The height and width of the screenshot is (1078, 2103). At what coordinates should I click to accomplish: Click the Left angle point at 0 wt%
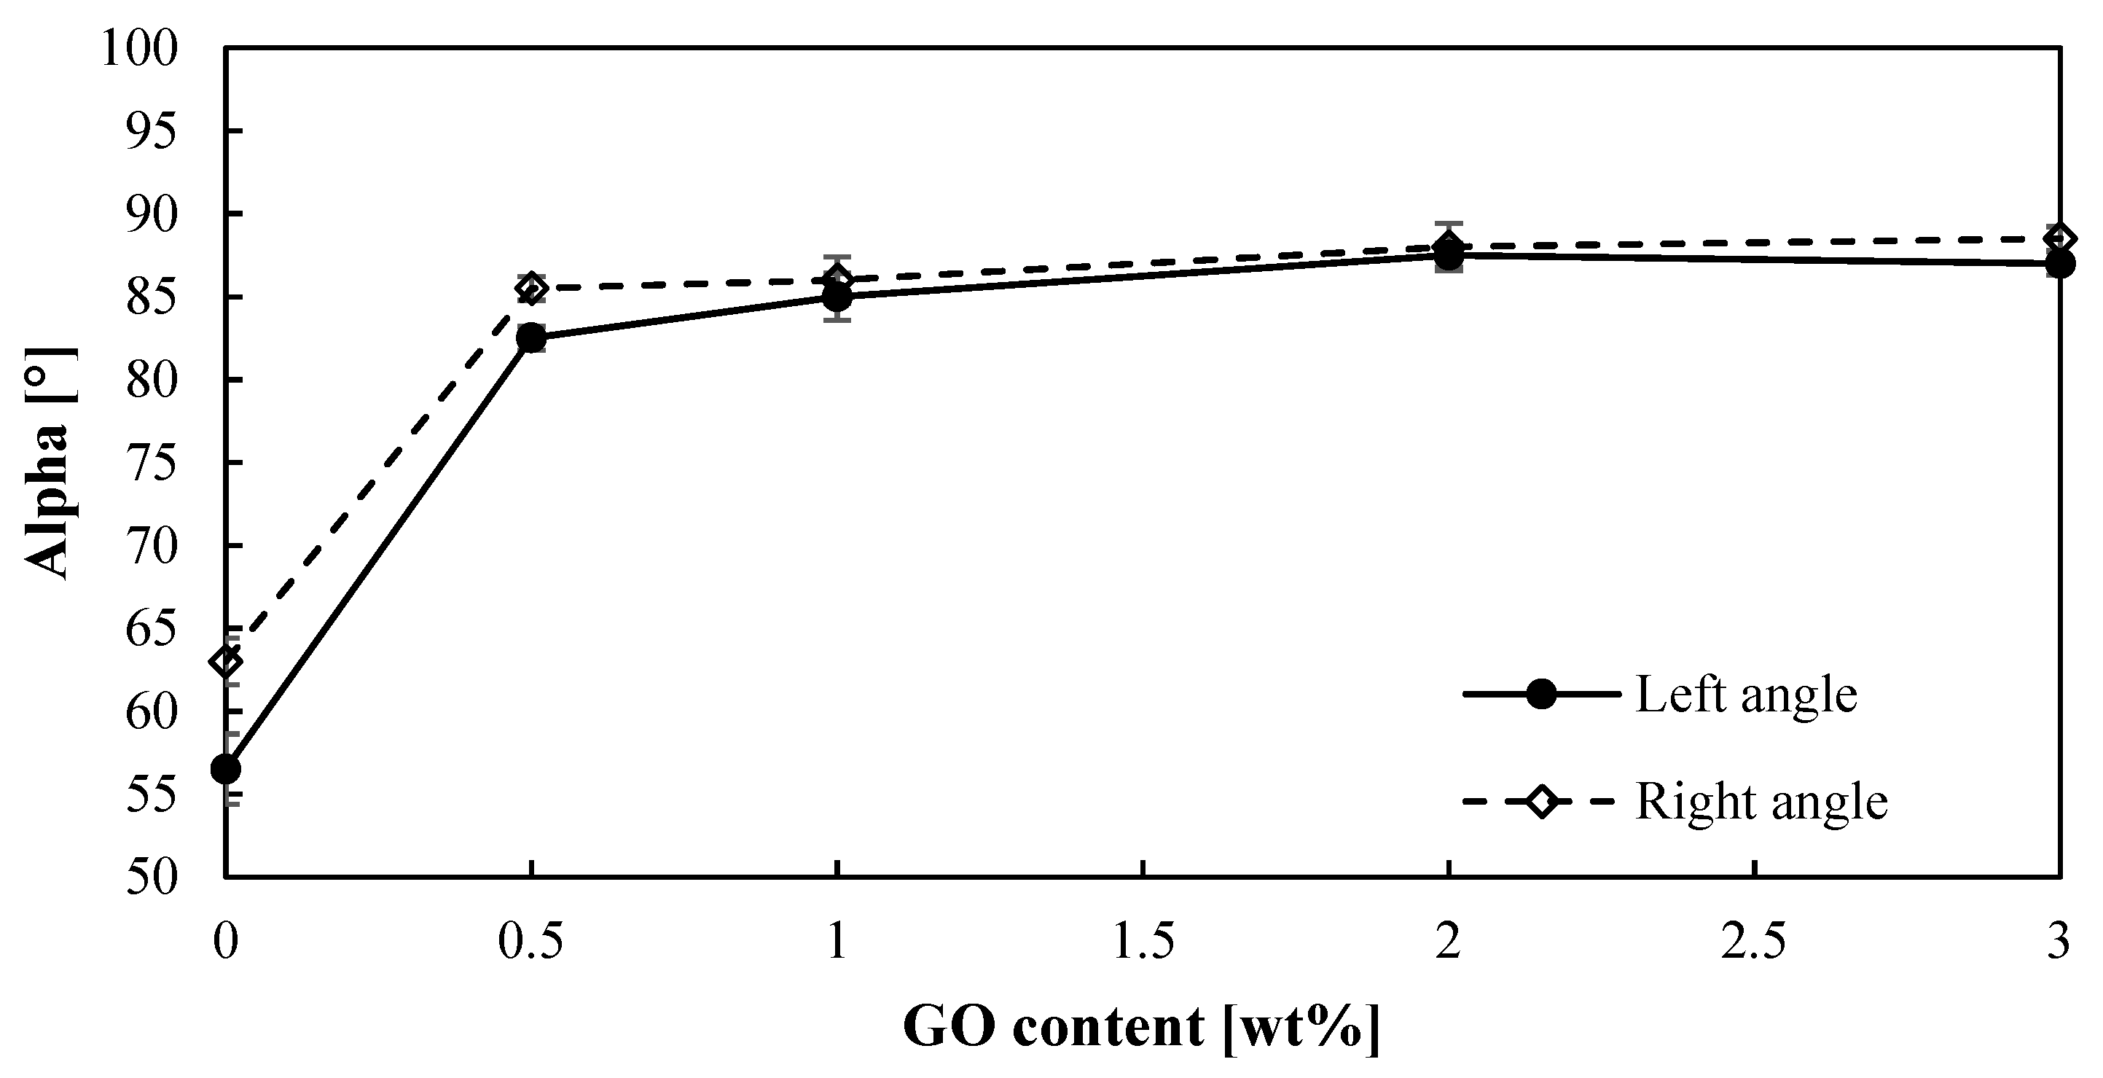click(225, 768)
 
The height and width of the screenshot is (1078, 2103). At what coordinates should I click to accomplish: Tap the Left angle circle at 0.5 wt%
click(531, 337)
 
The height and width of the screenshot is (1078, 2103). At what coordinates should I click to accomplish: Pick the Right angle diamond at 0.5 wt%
click(531, 289)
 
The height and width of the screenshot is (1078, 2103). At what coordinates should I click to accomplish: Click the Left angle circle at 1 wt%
click(837, 297)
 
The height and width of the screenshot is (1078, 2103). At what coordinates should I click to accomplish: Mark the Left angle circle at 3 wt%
click(2060, 264)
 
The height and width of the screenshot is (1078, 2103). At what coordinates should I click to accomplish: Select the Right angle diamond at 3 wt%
click(2060, 239)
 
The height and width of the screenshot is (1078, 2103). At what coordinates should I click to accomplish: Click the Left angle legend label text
click(1746, 696)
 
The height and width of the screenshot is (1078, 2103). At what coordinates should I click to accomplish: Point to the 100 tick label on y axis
click(138, 49)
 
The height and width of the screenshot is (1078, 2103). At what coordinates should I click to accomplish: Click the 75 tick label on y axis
click(152, 463)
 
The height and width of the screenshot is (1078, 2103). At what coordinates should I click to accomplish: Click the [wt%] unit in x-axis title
click(1301, 1026)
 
